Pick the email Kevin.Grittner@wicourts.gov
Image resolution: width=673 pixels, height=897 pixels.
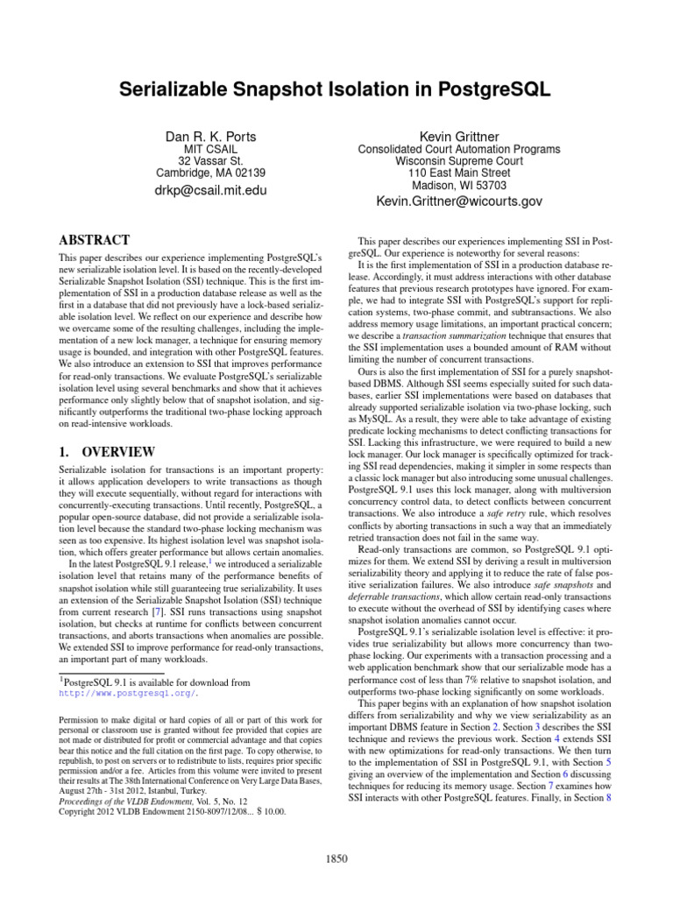[x=459, y=201]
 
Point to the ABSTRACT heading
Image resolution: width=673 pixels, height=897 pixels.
[x=94, y=240]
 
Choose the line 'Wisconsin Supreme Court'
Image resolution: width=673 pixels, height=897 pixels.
[x=459, y=162]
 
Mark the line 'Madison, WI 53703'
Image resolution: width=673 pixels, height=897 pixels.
[x=459, y=186]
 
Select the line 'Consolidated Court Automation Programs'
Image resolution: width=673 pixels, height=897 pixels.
[x=459, y=150]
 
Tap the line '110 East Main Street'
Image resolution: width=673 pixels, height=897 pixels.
[x=459, y=174]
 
